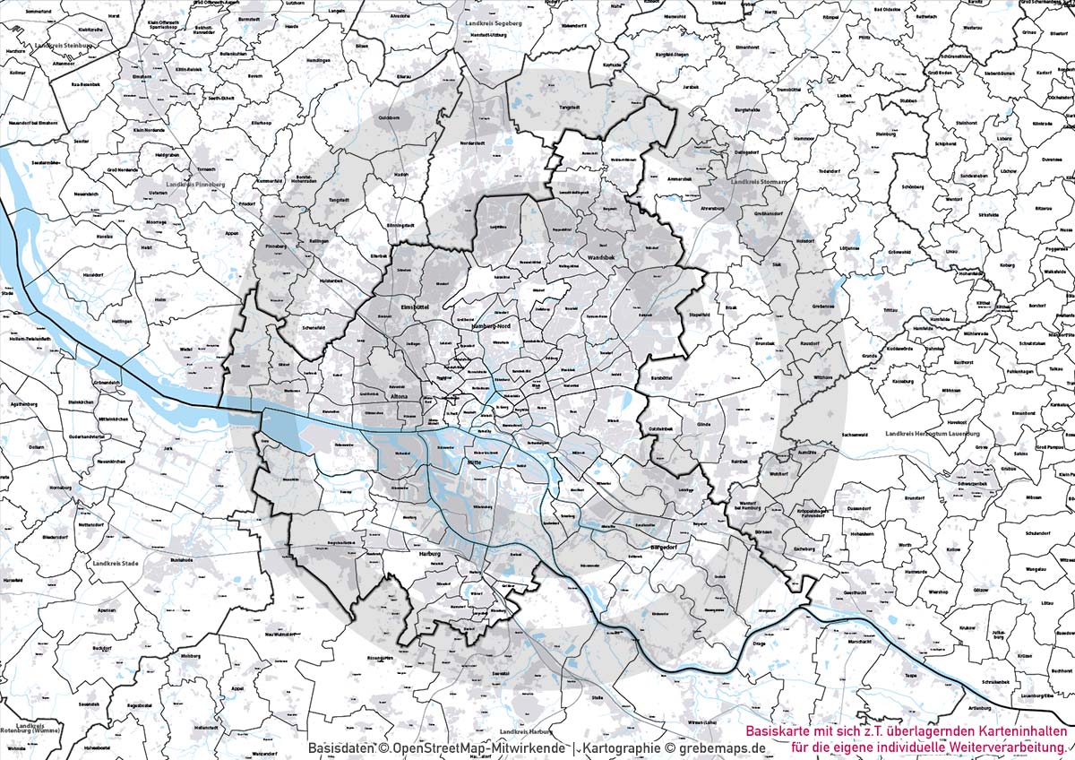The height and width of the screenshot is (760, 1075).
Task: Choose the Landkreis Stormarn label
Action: (x=759, y=182)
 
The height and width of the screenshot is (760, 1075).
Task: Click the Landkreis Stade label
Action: (x=116, y=564)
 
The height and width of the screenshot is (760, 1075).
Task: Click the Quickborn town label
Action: (x=389, y=117)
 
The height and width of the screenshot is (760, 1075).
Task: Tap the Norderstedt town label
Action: (x=471, y=142)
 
